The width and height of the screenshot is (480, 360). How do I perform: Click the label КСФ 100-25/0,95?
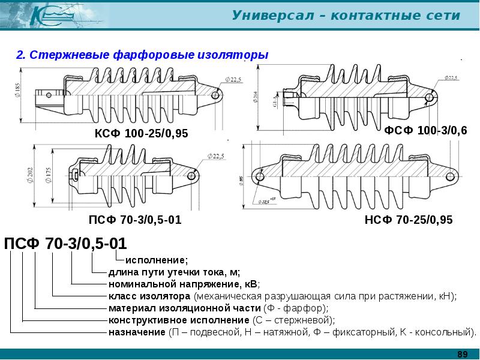pyautogui.click(x=141, y=133)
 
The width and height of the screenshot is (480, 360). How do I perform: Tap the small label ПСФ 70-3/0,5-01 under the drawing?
pyautogui.click(x=135, y=220)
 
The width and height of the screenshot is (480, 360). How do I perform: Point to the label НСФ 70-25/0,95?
pyautogui.click(x=409, y=220)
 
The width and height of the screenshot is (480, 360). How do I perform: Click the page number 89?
pyautogui.click(x=462, y=354)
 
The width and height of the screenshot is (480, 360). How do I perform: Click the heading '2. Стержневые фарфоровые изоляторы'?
pyautogui.click(x=142, y=55)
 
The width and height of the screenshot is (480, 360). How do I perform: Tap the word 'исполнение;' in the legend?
pyautogui.click(x=156, y=260)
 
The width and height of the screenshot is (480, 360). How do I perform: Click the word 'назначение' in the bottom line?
pyautogui.click(x=136, y=332)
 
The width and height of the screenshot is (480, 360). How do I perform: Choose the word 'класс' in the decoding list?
pyautogui.click(x=122, y=296)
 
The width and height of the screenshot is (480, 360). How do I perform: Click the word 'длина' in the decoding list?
pyautogui.click(x=122, y=272)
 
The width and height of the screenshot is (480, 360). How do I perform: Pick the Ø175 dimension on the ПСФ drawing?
pyautogui.click(x=48, y=175)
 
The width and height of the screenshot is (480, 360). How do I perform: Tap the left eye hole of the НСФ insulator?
pyautogui.click(x=259, y=176)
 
